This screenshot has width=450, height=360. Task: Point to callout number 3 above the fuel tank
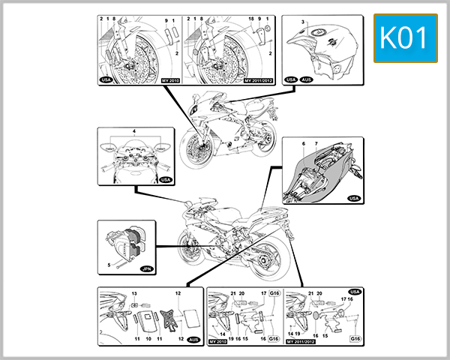pos(303,23)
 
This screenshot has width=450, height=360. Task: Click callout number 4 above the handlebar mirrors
pos(134,131)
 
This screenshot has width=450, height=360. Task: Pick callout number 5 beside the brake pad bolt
pos(109,265)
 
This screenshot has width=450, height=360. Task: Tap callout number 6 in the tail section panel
pos(303,142)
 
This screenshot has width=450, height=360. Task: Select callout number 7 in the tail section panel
pos(316,142)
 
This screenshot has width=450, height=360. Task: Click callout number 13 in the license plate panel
pos(134,293)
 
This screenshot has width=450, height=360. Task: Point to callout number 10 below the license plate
pos(149,340)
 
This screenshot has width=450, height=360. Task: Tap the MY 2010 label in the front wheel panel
pos(170,78)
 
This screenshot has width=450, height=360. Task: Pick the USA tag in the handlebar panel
pos(165,180)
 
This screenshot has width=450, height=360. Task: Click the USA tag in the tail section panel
pos(354,199)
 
